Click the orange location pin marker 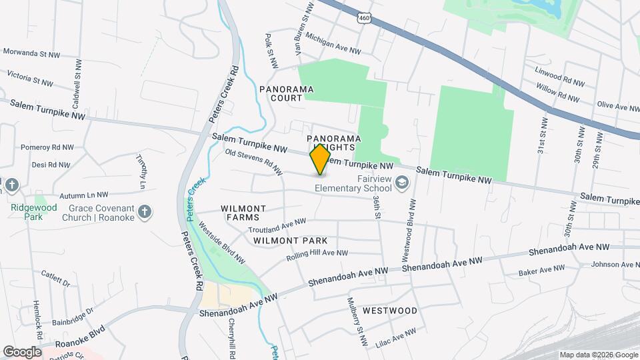321,159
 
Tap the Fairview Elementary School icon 402,181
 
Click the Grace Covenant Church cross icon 145,213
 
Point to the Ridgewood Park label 26,212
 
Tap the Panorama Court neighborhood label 287,93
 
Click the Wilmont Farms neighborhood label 243,213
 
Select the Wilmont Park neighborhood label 290,240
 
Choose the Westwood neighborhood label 390,311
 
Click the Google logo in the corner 22,351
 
